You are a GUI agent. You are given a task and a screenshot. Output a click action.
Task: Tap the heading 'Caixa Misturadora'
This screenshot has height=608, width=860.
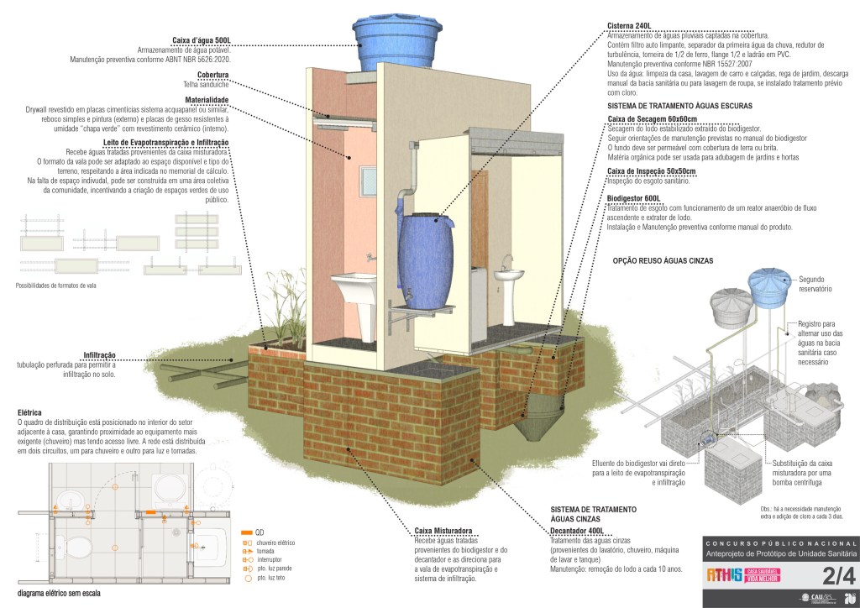pyautogui.click(x=442, y=531)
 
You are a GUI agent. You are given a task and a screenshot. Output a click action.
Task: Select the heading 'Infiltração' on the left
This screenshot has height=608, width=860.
pyautogui.click(x=100, y=355)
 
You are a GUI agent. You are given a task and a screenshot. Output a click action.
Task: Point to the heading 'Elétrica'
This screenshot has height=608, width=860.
pyautogui.click(x=29, y=412)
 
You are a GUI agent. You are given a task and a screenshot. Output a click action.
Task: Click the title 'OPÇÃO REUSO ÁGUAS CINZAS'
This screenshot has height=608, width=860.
pyautogui.click(x=663, y=261)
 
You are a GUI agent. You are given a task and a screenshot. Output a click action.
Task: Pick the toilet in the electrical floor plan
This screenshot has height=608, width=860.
pyautogui.click(x=77, y=548)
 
